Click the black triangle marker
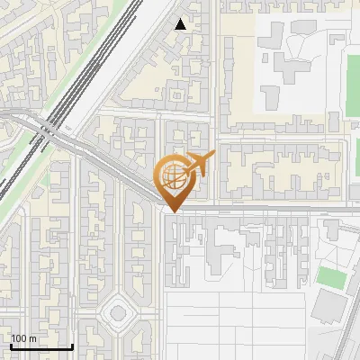click(x=181, y=24)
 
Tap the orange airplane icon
click(x=198, y=164)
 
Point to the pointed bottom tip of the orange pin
click(x=173, y=212)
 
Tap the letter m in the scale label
click(x=34, y=338)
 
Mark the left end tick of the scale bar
click(x=11, y=346)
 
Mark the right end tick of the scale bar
click(x=72, y=346)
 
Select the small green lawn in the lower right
click(x=331, y=277)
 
